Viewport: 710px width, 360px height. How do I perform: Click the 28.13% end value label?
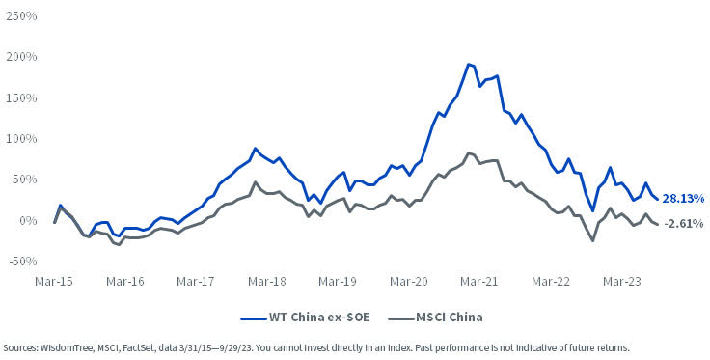click(683, 198)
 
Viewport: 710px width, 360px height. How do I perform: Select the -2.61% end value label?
click(683, 224)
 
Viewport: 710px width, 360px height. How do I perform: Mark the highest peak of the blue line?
click(468, 65)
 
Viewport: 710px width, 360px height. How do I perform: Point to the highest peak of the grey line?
click(468, 152)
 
